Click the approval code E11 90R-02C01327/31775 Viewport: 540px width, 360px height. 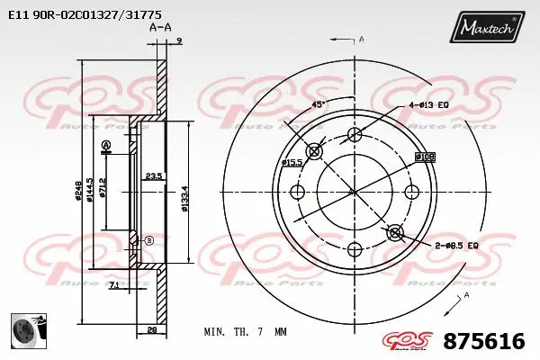(85, 14)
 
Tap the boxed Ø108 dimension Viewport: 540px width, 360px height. (425, 157)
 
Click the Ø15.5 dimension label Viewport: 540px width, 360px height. (291, 162)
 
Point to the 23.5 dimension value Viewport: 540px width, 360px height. (153, 176)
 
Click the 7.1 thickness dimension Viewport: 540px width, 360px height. (112, 285)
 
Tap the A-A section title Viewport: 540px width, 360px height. (159, 29)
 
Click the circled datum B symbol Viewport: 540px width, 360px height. (149, 240)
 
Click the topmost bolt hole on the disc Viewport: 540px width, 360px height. (355, 135)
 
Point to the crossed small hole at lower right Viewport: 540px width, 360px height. (394, 233)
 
